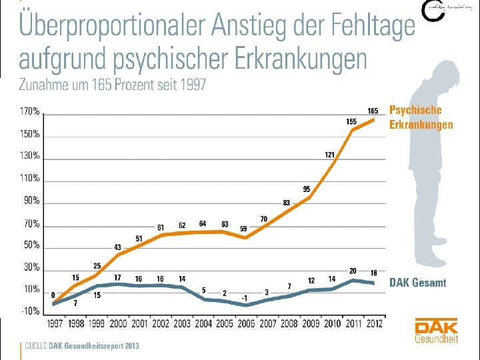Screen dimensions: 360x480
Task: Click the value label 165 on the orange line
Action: click(x=373, y=110)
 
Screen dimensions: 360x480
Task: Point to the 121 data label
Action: click(x=329, y=154)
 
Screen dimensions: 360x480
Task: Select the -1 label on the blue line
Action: click(x=245, y=298)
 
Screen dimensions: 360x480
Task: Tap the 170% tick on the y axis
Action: click(x=30, y=111)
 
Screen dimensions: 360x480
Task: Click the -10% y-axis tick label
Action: click(x=30, y=311)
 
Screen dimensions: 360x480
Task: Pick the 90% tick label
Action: click(x=31, y=201)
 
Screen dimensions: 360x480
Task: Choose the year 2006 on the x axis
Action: click(x=246, y=324)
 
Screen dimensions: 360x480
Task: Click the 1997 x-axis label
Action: click(x=54, y=324)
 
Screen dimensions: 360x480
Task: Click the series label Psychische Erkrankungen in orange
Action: click(x=421, y=117)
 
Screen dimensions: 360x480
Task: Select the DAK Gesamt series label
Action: click(x=417, y=283)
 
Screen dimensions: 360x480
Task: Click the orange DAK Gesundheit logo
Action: click(x=436, y=331)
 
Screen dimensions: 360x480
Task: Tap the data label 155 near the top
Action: click(x=351, y=121)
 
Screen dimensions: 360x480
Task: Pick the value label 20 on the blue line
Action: click(x=353, y=271)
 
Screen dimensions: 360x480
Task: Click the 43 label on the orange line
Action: click(x=117, y=247)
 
